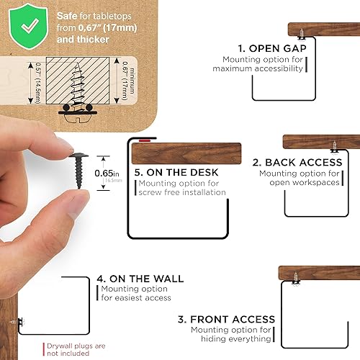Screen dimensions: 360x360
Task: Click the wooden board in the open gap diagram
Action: click(x=323, y=30)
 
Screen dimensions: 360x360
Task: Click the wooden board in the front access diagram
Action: click(x=319, y=273)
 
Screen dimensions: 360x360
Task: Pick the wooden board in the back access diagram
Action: click(x=321, y=141)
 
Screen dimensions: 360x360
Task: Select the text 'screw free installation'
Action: click(x=182, y=192)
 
